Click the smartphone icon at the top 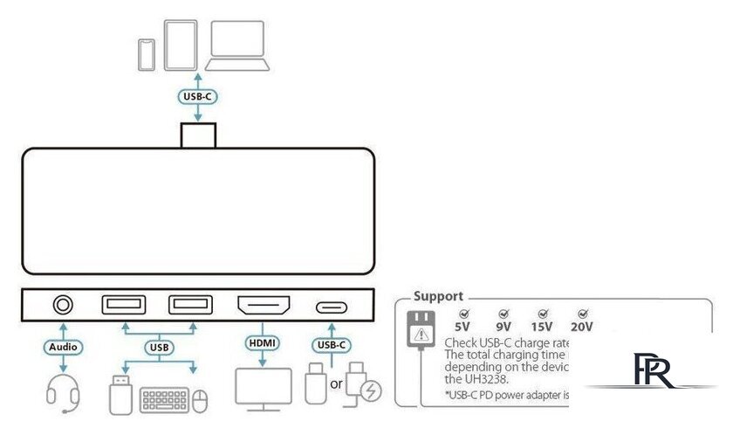pos(147,53)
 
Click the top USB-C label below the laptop pos(197,96)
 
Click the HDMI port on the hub pos(264,306)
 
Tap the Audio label pos(63,347)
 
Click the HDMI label pos(263,343)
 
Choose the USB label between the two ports pos(159,348)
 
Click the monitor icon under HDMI pos(264,387)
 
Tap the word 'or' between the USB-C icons pos(335,385)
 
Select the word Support pos(438,296)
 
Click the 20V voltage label pos(583,327)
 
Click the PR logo pos(651,370)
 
